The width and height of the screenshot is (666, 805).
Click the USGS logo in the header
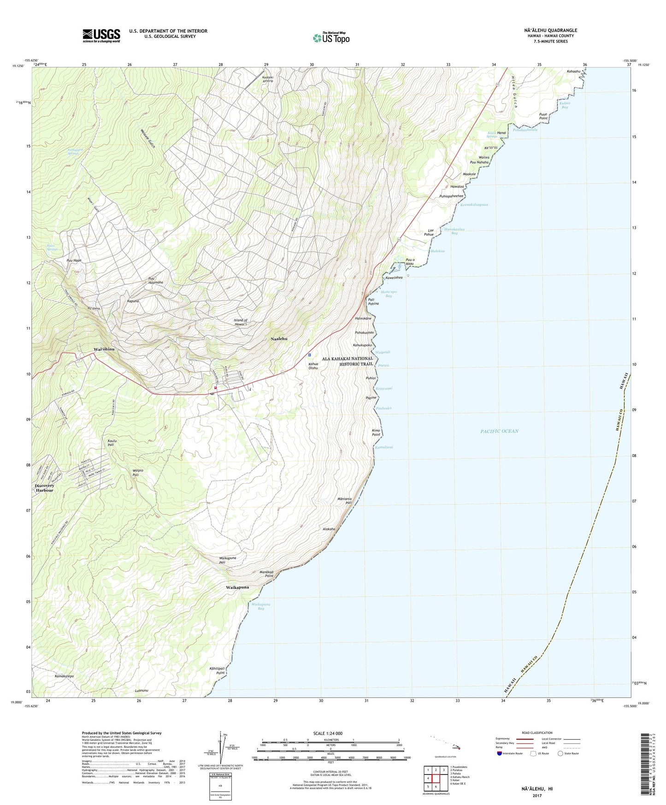pyautogui.click(x=101, y=36)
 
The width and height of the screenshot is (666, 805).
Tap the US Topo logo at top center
pyautogui.click(x=331, y=37)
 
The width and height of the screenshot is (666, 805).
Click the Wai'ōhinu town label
pyautogui.click(x=104, y=349)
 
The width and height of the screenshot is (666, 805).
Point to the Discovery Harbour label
pyautogui.click(x=45, y=488)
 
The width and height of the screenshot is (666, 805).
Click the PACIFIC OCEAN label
pyautogui.click(x=499, y=431)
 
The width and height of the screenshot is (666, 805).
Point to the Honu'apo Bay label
pyautogui.click(x=388, y=294)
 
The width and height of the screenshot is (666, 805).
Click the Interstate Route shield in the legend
pyautogui.click(x=499, y=753)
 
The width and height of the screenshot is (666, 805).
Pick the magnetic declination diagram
pyautogui.click(x=224, y=746)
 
